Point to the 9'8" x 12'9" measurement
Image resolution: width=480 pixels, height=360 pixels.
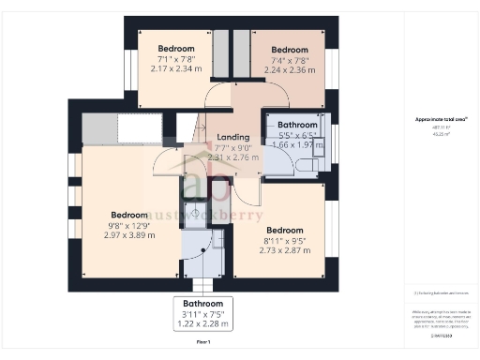point(129,225)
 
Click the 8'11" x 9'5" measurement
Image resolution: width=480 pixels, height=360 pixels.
point(284,240)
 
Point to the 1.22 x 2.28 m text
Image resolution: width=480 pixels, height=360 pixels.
point(202,324)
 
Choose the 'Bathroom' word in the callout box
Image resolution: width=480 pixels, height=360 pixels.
point(202,304)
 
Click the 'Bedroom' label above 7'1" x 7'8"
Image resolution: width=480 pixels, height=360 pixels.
point(175,49)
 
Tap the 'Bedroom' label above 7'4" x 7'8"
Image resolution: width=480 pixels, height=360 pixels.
point(290,49)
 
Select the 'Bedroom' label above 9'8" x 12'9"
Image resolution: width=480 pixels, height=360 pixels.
point(129,215)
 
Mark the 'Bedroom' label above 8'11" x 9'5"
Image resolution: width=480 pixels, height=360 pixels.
point(284,230)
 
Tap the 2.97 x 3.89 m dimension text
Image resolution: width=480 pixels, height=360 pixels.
point(129,235)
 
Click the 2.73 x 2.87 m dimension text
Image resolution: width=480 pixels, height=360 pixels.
point(284,250)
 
